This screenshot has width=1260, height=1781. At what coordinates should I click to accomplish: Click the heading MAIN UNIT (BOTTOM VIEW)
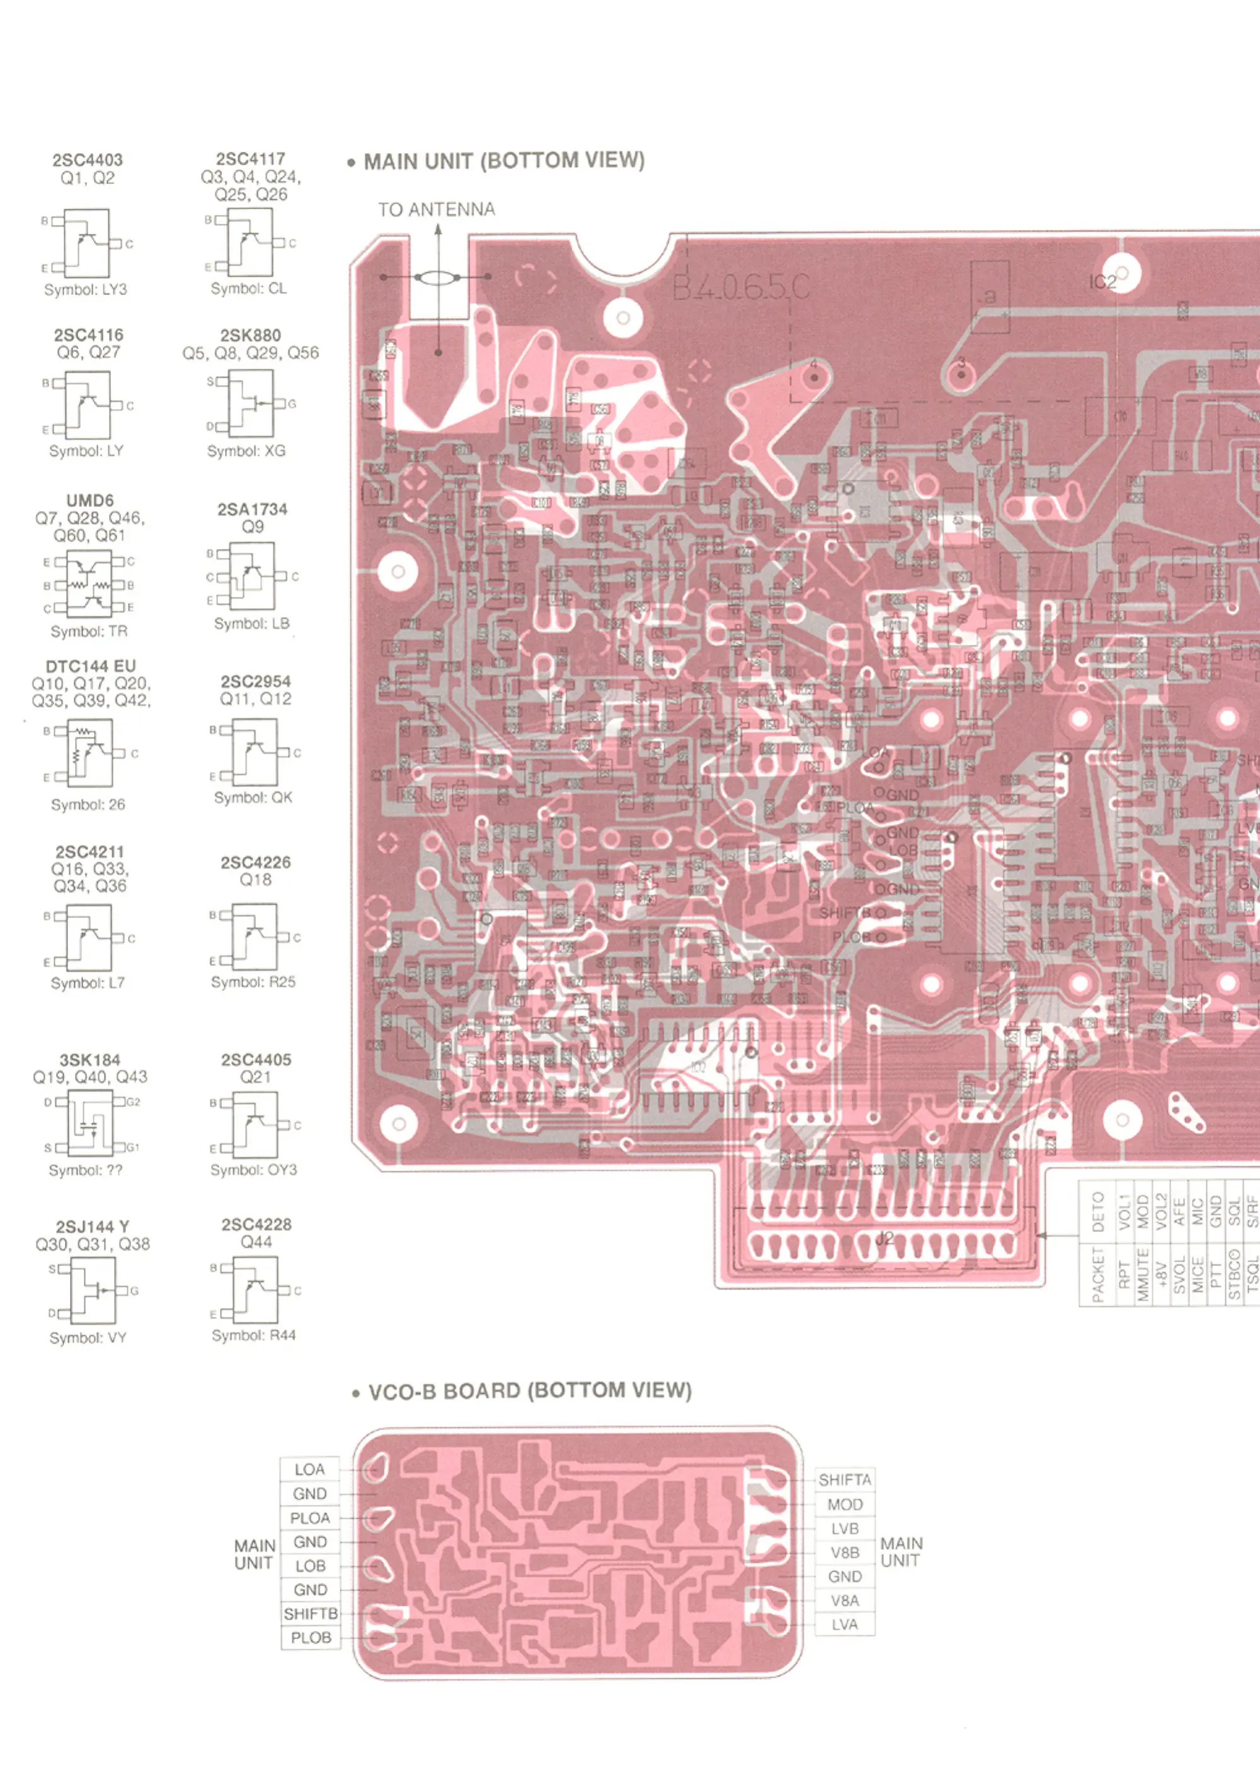pyautogui.click(x=504, y=161)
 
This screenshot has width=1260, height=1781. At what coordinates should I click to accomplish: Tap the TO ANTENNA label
pyautogui.click(x=436, y=209)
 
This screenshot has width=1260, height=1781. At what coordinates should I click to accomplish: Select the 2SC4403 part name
pyautogui.click(x=88, y=160)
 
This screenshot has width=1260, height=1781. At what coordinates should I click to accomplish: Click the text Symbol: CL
pyautogui.click(x=248, y=289)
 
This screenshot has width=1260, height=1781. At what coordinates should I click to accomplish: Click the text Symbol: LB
pyautogui.click(x=251, y=624)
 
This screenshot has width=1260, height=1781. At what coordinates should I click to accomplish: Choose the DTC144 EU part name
pyautogui.click(x=90, y=667)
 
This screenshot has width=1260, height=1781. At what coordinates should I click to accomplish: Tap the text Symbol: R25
pyautogui.click(x=253, y=983)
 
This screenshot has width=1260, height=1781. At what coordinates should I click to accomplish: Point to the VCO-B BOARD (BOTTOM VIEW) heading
pyautogui.click(x=529, y=1391)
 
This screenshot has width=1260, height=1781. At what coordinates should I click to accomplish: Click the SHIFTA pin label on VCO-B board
pyautogui.click(x=845, y=1480)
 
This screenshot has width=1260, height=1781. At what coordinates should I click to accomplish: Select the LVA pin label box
pyautogui.click(x=845, y=1625)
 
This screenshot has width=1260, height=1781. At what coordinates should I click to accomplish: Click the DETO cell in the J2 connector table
pyautogui.click(x=1098, y=1211)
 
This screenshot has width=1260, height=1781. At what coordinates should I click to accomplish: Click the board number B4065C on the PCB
pyautogui.click(x=741, y=289)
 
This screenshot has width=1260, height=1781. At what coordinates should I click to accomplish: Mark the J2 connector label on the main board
pyautogui.click(x=885, y=1240)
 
